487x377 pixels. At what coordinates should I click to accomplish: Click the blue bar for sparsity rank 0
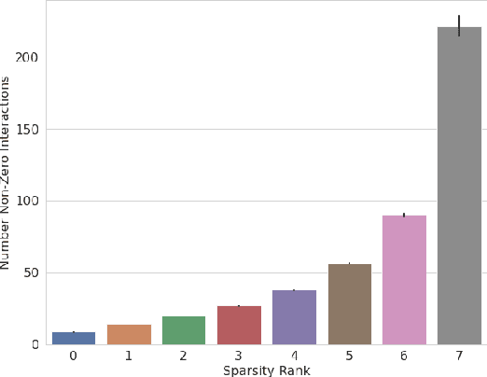pyautogui.click(x=73, y=338)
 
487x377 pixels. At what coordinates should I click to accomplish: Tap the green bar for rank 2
pyautogui.click(x=184, y=330)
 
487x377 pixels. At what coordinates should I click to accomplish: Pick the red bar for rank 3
pyautogui.click(x=239, y=325)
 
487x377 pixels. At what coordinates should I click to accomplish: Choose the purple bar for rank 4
pyautogui.click(x=294, y=317)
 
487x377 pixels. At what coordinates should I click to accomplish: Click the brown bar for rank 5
pyautogui.click(x=349, y=304)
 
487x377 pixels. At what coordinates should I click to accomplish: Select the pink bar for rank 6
pyautogui.click(x=405, y=280)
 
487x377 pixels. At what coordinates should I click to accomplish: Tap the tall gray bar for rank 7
pyautogui.click(x=460, y=187)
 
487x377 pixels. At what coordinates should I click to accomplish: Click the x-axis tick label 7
pyautogui.click(x=460, y=356)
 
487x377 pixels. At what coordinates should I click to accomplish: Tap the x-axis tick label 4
pyautogui.click(x=294, y=356)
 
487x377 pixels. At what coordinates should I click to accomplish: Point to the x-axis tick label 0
pyautogui.click(x=73, y=356)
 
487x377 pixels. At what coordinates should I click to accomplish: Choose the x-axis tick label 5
pyautogui.click(x=349, y=356)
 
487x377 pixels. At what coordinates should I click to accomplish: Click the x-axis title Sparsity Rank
pyautogui.click(x=266, y=370)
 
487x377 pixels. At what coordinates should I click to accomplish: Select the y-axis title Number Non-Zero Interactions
pyautogui.click(x=7, y=173)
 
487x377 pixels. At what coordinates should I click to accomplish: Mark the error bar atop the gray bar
pyautogui.click(x=460, y=24)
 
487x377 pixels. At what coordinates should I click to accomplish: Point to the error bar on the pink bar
pyautogui.click(x=405, y=215)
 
